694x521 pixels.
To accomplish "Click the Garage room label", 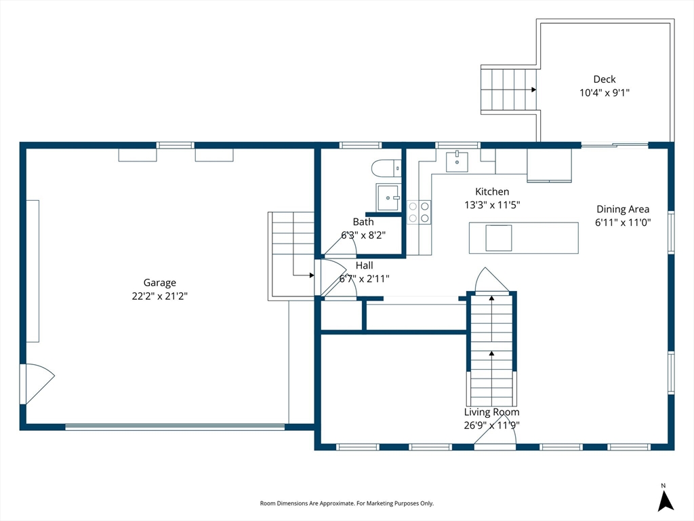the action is [160, 283].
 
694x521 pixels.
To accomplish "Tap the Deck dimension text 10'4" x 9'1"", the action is [605, 92].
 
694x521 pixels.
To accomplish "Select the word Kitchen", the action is [492, 191].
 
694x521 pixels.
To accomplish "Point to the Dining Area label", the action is [623, 209].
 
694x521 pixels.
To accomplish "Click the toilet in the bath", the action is [386, 169].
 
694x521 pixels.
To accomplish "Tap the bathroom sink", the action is [388, 197].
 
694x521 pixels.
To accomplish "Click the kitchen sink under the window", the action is [457, 161].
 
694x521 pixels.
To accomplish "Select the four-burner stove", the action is [419, 212].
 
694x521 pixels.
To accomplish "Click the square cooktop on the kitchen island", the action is [499, 238].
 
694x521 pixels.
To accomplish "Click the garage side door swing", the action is [38, 384].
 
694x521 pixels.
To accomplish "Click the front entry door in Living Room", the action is [495, 429].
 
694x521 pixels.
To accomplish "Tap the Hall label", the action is [364, 265].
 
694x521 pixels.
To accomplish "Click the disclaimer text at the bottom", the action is [346, 503].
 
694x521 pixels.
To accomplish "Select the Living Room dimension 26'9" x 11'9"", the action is [492, 425].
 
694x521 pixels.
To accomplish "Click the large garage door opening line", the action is [175, 427].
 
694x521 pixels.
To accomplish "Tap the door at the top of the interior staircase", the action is [491, 280].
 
